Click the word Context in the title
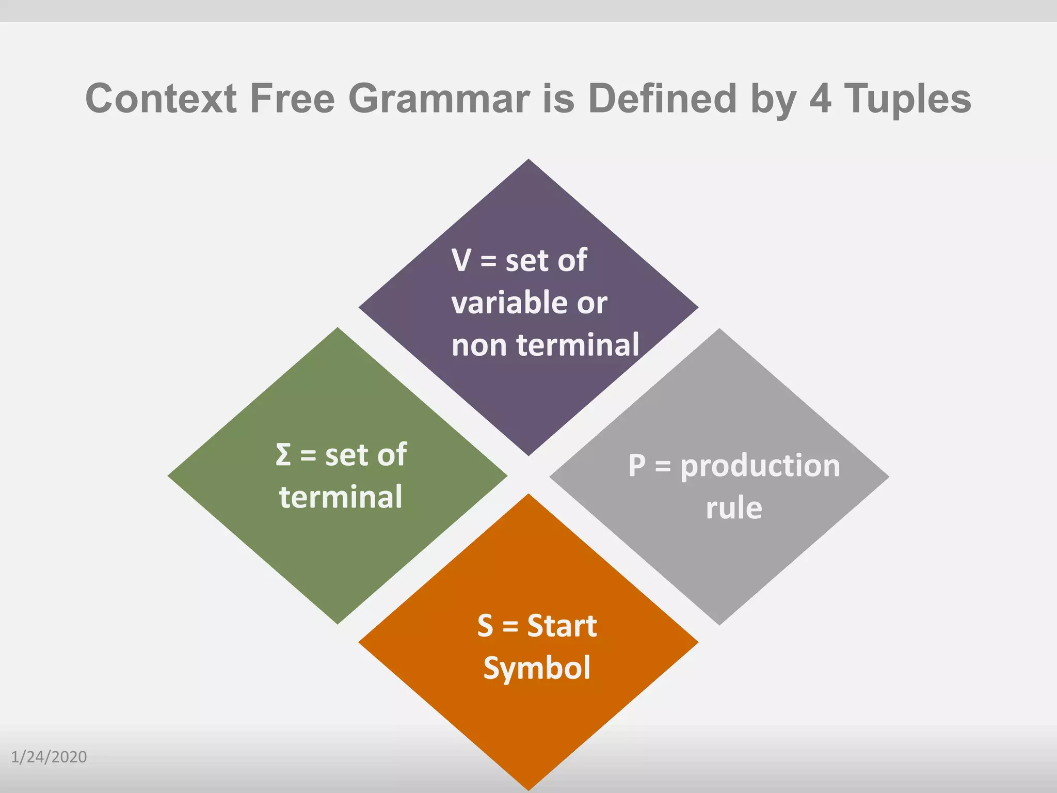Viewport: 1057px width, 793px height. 161,99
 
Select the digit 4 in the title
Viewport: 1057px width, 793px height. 820,99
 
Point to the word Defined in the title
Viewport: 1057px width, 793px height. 662,99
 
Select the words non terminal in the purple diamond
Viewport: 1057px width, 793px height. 545,345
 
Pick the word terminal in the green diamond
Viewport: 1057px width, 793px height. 341,497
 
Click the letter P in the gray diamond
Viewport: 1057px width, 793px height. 637,466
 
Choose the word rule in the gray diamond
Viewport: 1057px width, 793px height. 734,508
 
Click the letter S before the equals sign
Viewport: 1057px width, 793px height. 485,626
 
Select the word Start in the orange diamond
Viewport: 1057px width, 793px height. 562,626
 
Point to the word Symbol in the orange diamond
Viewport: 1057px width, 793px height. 537,668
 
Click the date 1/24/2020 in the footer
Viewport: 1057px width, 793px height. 49,757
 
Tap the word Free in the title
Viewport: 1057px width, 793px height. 292,99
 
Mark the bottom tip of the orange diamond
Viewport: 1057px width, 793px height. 528,788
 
